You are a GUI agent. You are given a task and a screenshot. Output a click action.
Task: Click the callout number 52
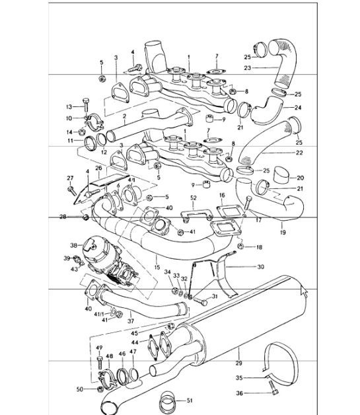(194, 198)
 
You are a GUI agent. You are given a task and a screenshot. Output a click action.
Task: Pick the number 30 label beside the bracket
(260, 267)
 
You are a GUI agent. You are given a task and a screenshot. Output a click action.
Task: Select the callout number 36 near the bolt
(240, 394)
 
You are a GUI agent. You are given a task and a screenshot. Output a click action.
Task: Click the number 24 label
(297, 107)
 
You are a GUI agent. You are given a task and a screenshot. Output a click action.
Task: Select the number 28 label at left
(63, 217)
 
